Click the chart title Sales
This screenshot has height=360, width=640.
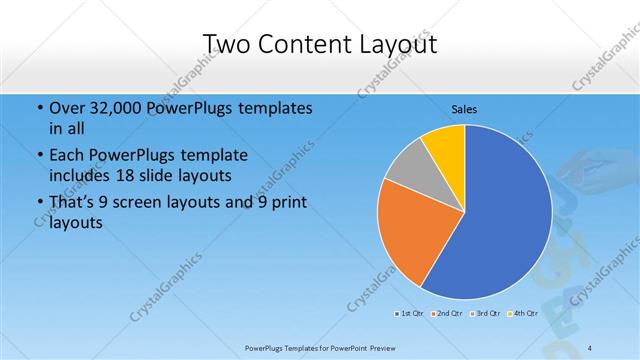464,108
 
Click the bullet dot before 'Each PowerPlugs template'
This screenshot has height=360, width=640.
39,157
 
